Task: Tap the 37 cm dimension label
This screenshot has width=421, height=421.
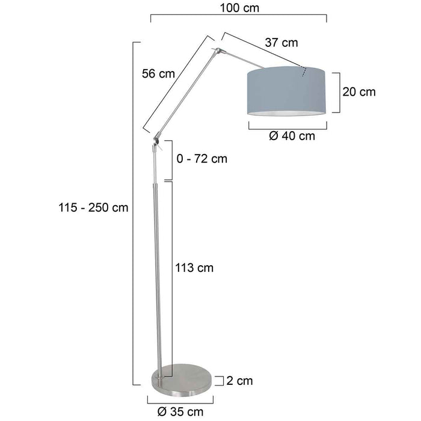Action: tap(281, 43)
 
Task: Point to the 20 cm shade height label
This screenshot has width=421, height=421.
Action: tap(358, 92)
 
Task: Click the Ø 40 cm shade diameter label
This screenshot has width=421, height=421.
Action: tap(292, 135)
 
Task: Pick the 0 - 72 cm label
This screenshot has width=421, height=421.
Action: tap(202, 159)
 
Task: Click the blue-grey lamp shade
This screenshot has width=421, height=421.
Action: tap(287, 93)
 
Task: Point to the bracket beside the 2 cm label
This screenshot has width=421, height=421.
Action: tap(222, 380)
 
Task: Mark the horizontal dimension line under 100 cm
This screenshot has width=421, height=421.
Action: tap(238, 18)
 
